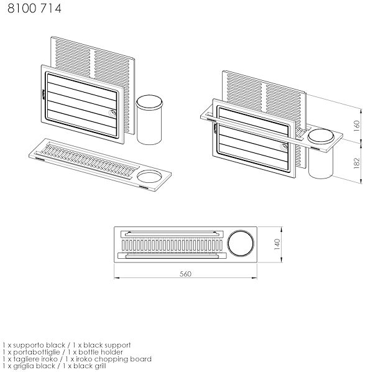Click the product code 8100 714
pyautogui.click(x=34, y=9)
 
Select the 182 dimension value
pyautogui.click(x=357, y=163)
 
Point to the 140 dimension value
pyautogui.click(x=277, y=244)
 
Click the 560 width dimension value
pyautogui.click(x=185, y=274)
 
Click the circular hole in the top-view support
pyautogui.click(x=241, y=244)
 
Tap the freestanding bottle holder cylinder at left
pyautogui.click(x=149, y=119)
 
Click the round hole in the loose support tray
pyautogui.click(x=149, y=177)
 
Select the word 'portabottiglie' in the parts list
pyautogui.click(x=37, y=352)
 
